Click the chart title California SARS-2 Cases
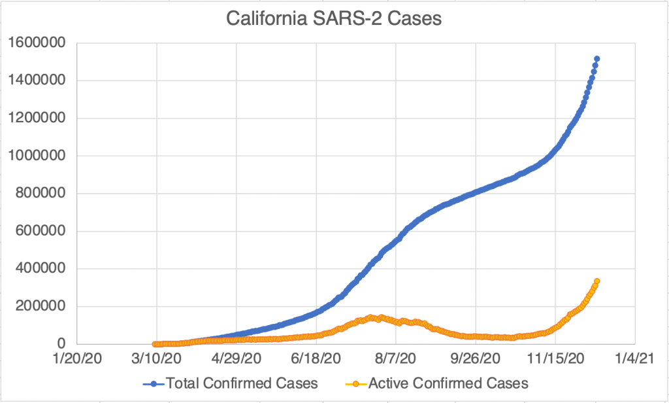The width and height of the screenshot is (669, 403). click(334, 19)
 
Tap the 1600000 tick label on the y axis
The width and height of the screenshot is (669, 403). click(40, 43)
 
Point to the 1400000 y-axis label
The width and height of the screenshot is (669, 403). click(40, 80)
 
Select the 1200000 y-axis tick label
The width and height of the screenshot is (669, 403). click(40, 118)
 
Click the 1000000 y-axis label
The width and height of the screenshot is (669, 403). click(40, 156)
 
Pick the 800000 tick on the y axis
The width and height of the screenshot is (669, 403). click(44, 194)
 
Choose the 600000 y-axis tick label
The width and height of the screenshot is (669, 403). click(44, 231)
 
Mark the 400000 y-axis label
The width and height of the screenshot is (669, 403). click(44, 269)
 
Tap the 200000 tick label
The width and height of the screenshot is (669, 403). click(44, 306)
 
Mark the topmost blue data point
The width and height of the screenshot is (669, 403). click(597, 59)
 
